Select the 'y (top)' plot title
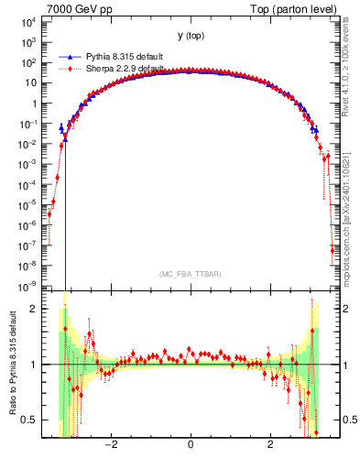[x=191, y=36]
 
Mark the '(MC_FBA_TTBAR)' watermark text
[x=190, y=274]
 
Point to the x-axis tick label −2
[x=111, y=446]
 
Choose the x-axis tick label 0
[x=190, y=446]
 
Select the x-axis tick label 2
[x=269, y=446]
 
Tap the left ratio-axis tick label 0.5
[x=37, y=420]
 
